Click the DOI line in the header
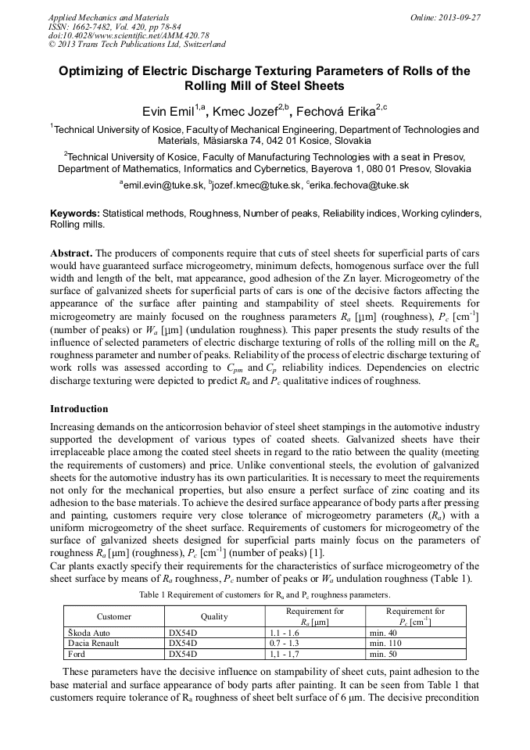(x=129, y=35)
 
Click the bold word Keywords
(x=74, y=213)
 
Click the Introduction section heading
(x=79, y=409)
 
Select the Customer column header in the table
(x=114, y=616)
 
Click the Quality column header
(x=214, y=616)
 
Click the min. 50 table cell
(x=384, y=654)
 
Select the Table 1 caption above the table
(x=264, y=595)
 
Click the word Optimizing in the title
(x=92, y=71)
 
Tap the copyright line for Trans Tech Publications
(x=137, y=45)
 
